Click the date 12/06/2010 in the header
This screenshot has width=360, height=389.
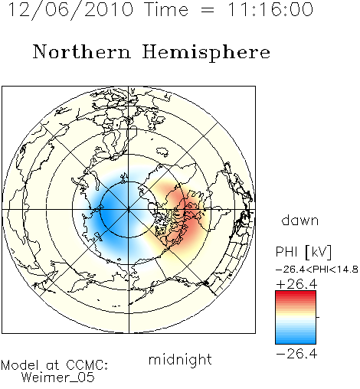pos(70,10)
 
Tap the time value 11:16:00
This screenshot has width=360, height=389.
pos(270,9)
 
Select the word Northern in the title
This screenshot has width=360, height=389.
pos(82,51)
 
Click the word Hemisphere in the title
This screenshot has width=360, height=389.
pos(206,53)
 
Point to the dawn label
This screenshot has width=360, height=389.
pos(300,220)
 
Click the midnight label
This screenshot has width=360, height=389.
pos(180,359)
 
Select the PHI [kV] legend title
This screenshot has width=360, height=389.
pos(303,252)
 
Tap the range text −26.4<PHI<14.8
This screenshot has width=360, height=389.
pos(317,270)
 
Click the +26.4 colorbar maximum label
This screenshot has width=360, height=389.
pos(296,284)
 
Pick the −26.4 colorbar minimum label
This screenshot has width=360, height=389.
pos(296,354)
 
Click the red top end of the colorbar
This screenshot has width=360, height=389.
pos(296,293)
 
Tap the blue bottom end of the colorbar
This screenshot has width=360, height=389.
pos(296,341)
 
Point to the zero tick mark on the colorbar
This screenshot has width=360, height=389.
pos(318,317)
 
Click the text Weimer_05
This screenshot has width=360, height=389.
pos(58,377)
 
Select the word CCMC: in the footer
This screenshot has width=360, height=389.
pos(87,365)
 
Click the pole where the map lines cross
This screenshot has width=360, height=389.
pos(129,210)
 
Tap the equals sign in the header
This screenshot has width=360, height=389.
pos(208,10)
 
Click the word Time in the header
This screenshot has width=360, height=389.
pos(166,9)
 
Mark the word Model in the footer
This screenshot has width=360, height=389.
pos(20,365)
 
